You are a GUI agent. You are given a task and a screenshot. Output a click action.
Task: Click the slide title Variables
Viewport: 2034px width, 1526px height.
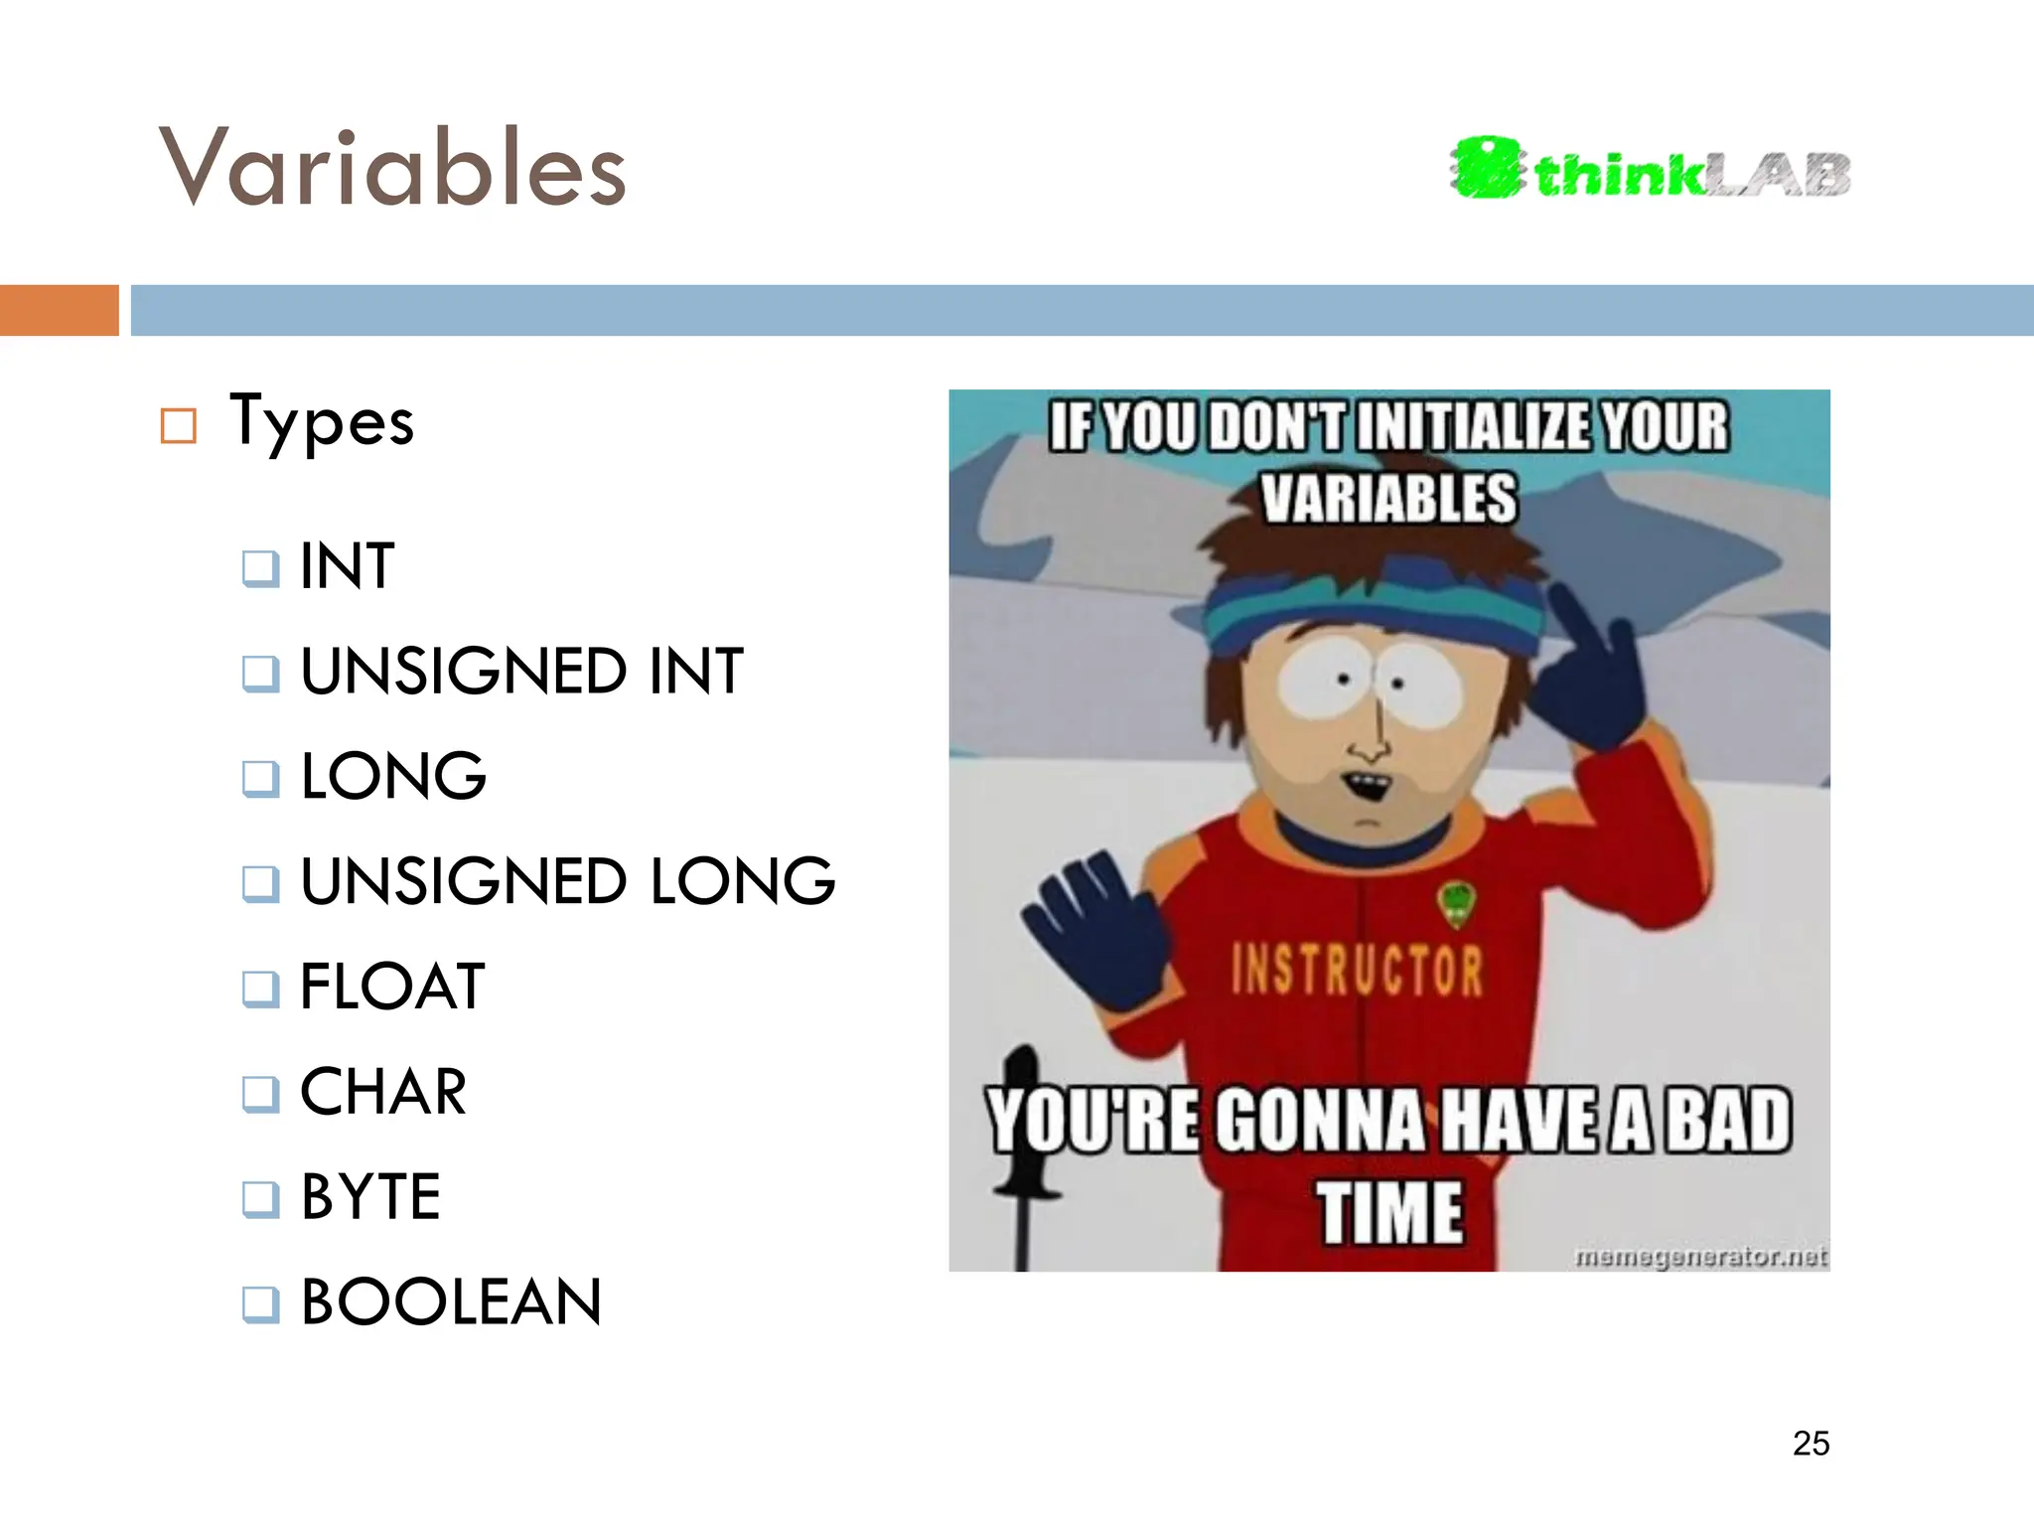tap(392, 169)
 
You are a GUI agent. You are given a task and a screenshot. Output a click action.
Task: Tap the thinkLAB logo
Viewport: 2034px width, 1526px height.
tap(1650, 170)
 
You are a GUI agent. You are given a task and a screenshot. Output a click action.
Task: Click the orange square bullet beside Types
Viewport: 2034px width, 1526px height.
tap(179, 426)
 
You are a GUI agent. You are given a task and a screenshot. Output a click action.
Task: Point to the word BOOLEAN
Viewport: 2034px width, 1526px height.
tap(451, 1302)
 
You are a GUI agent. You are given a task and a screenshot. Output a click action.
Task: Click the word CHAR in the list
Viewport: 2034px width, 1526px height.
tap(383, 1092)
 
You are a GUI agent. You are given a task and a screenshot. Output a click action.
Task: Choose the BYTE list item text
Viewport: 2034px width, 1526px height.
tap(370, 1197)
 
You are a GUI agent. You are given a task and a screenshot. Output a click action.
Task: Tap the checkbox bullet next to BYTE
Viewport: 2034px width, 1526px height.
tap(260, 1199)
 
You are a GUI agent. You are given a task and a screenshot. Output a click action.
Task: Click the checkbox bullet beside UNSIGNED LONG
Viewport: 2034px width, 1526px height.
tap(260, 883)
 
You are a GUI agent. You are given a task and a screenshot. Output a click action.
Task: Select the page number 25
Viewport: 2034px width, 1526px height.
tap(1811, 1444)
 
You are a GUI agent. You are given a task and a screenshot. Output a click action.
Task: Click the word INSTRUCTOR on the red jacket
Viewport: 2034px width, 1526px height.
tap(1357, 971)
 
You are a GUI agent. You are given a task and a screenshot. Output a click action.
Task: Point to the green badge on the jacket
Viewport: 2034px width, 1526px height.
tap(1456, 904)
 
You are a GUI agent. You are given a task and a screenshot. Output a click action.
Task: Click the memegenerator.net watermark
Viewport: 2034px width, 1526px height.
tap(1700, 1258)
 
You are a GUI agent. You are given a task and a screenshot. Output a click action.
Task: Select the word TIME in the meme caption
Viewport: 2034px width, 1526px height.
tap(1390, 1213)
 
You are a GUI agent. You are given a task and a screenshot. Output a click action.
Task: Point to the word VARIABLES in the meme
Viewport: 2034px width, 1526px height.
tap(1388, 498)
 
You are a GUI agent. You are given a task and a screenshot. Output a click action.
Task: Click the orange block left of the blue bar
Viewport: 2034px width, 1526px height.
tap(59, 310)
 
